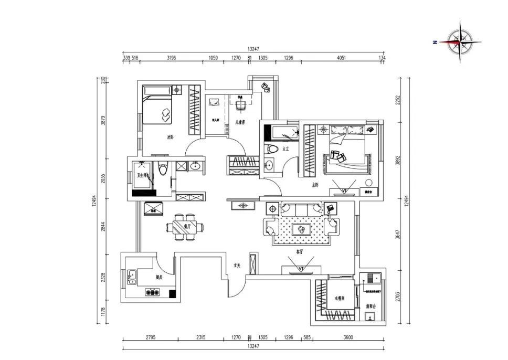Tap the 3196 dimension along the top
(x=171, y=58)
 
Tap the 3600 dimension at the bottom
(x=348, y=338)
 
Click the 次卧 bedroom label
(x=170, y=137)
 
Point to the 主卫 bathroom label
(x=286, y=149)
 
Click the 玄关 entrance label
(x=237, y=266)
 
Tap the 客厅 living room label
(x=300, y=252)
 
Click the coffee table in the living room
(x=301, y=229)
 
